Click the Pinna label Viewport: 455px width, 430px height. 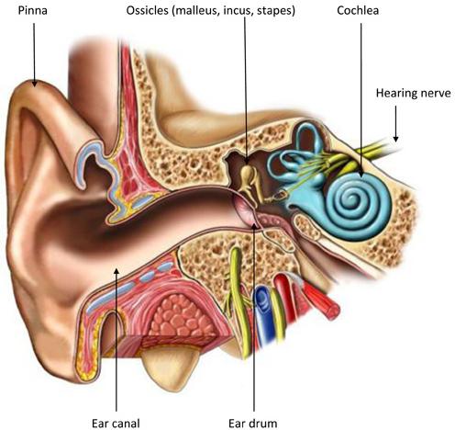click(x=33, y=11)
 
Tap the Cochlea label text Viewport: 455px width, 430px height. click(x=358, y=11)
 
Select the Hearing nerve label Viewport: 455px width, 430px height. click(x=413, y=93)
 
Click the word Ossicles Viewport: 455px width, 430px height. click(x=148, y=11)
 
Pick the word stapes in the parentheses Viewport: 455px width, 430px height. click(x=276, y=11)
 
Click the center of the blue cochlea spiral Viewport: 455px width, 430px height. click(x=359, y=204)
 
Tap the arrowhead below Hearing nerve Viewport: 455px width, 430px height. click(x=395, y=139)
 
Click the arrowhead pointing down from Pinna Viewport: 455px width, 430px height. click(x=34, y=83)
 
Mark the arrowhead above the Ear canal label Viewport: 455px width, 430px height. click(x=117, y=271)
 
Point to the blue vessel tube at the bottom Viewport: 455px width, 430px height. click(x=263, y=315)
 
